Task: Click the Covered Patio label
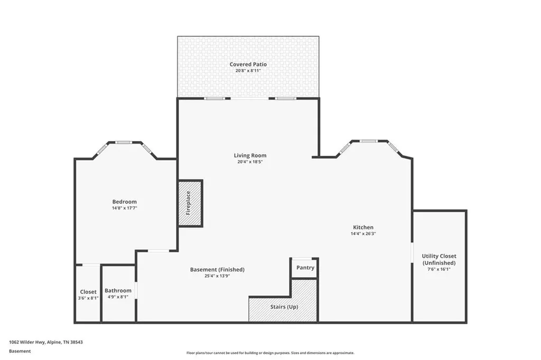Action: coord(248,64)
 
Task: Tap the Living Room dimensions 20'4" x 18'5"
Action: coord(250,162)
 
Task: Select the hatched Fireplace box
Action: coord(190,203)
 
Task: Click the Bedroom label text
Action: coord(125,202)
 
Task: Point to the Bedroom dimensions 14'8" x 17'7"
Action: coord(125,208)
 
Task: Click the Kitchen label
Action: coord(363,227)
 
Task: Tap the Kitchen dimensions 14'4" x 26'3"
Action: coord(363,233)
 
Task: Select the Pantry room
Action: coord(305,268)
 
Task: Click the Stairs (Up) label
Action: coord(284,307)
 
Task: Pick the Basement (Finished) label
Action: coord(217,270)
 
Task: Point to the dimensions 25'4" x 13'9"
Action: coord(217,276)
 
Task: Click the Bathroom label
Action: coord(118,291)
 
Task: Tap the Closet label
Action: coord(88,292)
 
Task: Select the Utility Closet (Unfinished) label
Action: coord(439,259)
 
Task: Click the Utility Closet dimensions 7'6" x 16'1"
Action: coord(439,269)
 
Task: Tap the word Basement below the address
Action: coord(20,352)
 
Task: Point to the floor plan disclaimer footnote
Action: coord(270,353)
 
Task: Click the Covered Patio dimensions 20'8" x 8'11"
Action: coord(248,71)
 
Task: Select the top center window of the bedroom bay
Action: coord(124,142)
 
